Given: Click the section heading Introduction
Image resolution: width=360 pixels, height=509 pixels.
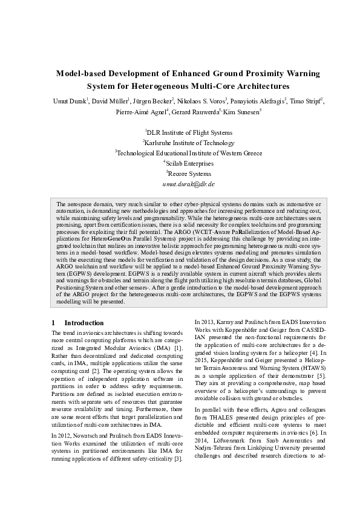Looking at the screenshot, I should [x=84, y=323].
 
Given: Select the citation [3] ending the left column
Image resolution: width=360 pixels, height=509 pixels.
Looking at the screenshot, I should [x=178, y=476].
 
